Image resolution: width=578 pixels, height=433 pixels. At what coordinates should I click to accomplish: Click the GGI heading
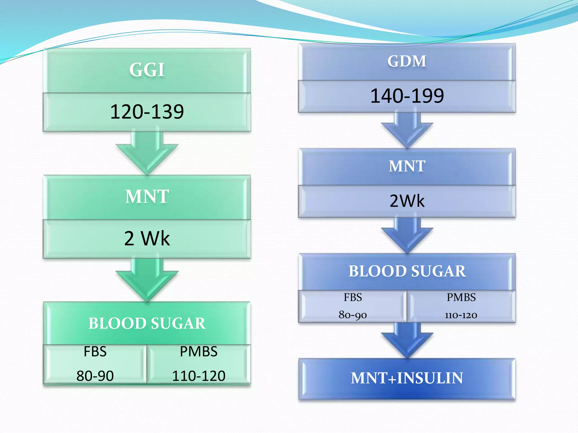tap(147, 70)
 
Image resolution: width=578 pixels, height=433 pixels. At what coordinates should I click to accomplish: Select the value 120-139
tap(147, 112)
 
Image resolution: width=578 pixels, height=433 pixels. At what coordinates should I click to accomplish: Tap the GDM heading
tap(407, 61)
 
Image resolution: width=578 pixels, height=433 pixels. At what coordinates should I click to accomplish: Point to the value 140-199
tap(407, 96)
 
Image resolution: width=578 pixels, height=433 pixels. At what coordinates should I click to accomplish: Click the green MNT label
tap(147, 196)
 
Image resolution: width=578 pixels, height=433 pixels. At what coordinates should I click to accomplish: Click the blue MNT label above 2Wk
tap(407, 166)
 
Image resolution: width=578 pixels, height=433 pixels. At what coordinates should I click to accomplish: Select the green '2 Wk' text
tap(147, 238)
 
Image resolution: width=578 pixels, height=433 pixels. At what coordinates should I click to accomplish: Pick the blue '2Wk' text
tap(407, 201)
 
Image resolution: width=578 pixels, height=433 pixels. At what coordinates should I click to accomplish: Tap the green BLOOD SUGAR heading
tap(147, 323)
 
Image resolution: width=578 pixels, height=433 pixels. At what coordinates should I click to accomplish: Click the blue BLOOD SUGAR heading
tap(407, 271)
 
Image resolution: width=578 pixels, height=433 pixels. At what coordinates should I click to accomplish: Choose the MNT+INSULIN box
tap(407, 378)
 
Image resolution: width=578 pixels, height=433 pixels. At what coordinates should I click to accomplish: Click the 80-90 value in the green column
tap(95, 376)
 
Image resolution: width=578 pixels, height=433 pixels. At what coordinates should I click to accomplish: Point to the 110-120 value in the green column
tap(199, 376)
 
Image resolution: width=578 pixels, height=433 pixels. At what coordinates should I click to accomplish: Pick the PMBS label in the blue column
tap(461, 297)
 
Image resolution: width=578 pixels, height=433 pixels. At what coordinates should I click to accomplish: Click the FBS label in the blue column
tap(353, 297)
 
